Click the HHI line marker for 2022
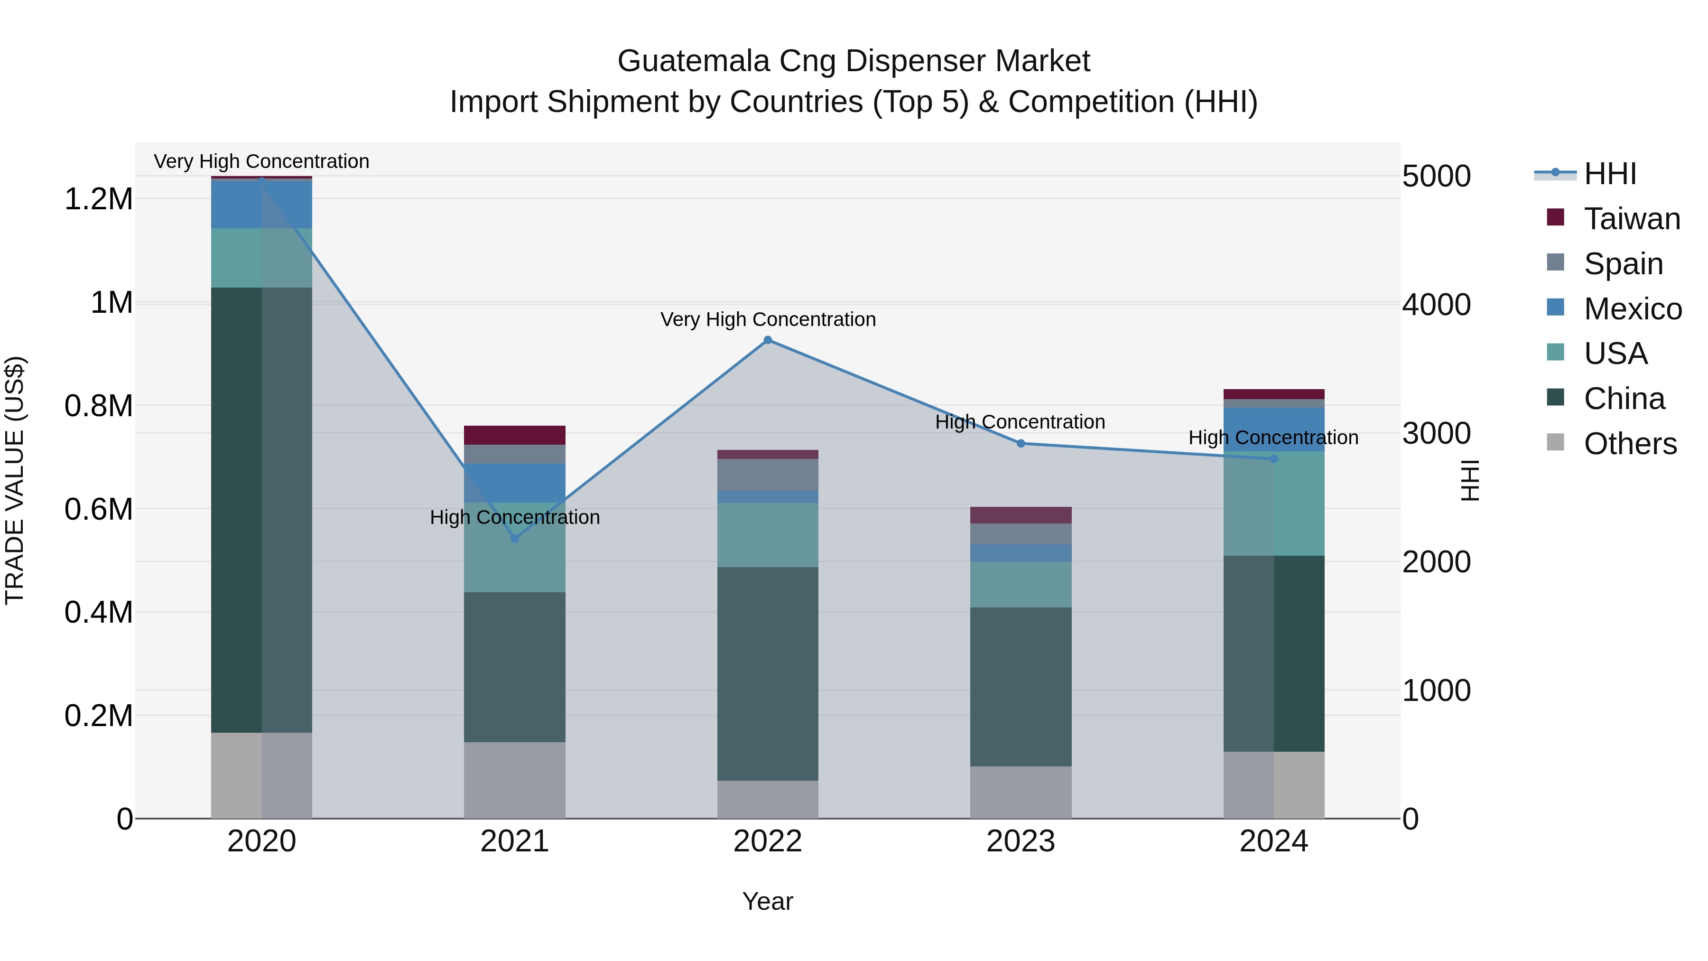coord(768,340)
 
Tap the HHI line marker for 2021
coord(514,539)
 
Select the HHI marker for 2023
coord(1021,444)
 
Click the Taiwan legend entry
coord(1631,219)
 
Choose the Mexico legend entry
coord(1633,309)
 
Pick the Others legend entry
coord(1630,444)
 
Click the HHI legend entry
coord(1610,174)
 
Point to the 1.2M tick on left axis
coord(99,199)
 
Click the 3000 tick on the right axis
coord(1437,434)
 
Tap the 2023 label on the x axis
coord(1021,841)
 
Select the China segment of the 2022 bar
coord(768,673)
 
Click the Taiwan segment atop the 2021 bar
coord(514,435)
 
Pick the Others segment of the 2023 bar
coord(1021,792)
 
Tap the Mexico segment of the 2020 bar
coord(261,204)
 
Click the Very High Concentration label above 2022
coord(768,320)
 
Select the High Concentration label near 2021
coord(514,517)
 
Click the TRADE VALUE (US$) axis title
coord(15,480)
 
